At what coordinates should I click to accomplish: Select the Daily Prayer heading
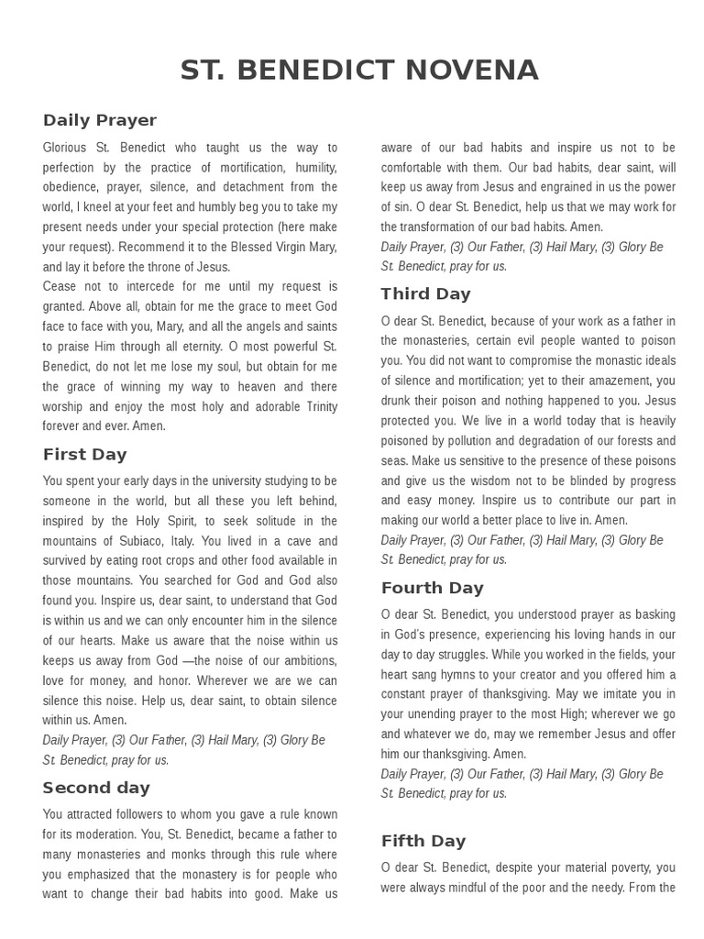100,120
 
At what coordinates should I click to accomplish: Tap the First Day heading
85,454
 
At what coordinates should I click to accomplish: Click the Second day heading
96,788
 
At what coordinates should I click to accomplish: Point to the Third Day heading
426,293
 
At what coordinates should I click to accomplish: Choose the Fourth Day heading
432,588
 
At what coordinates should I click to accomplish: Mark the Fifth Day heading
423,841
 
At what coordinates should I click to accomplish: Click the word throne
174,267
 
